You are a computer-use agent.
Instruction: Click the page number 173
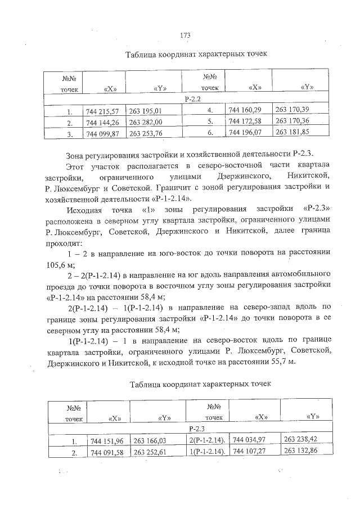coord(184,35)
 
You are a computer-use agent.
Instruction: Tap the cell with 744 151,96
coord(107,440)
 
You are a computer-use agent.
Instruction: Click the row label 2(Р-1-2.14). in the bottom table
coord(208,439)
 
